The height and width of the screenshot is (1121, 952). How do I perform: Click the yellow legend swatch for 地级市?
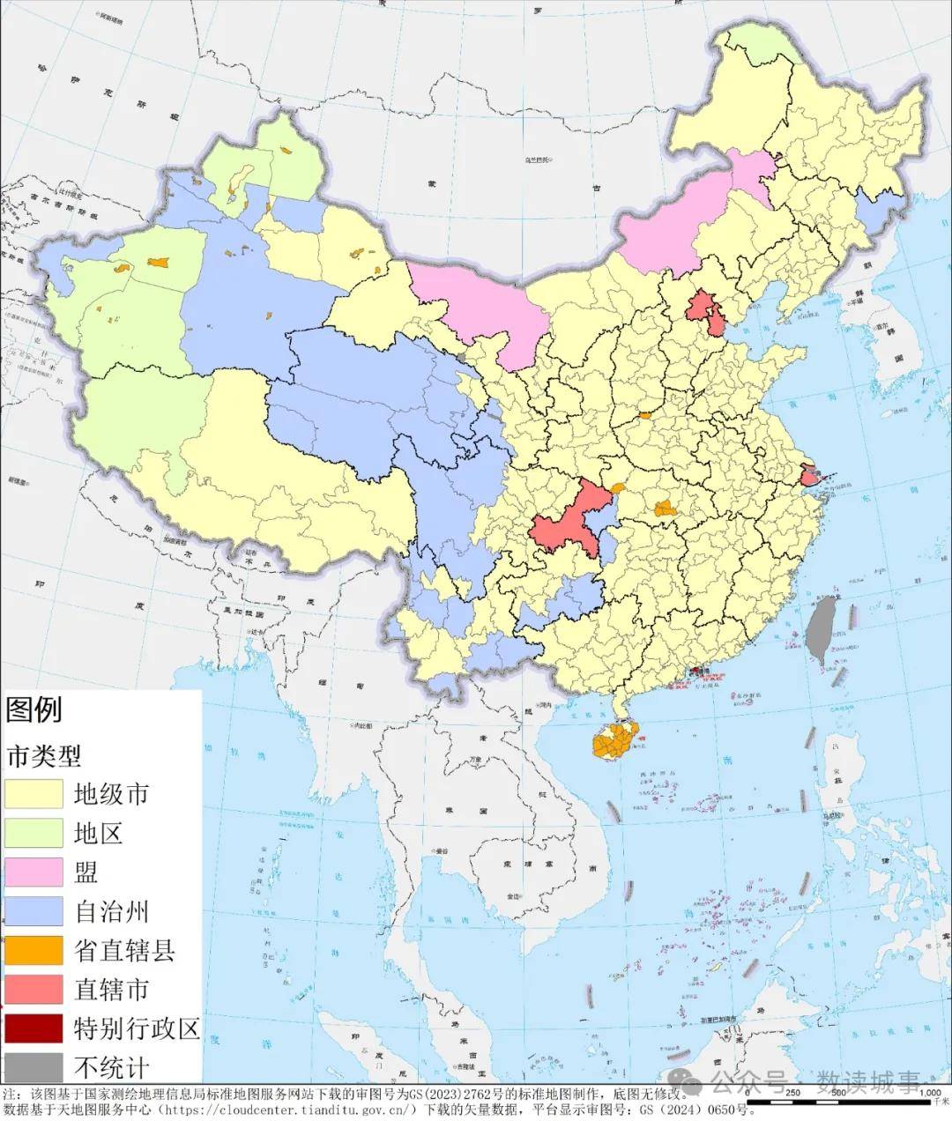pos(33,794)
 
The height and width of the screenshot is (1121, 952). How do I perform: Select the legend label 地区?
pos(98,833)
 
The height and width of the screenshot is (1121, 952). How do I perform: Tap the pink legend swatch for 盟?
pos(33,872)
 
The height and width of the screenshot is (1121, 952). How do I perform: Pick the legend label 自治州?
pos(111,910)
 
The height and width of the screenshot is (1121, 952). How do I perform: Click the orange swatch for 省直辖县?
pos(33,949)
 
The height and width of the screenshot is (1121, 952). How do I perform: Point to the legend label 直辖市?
pos(111,989)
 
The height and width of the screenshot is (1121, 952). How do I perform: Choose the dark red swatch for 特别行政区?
pos(33,1028)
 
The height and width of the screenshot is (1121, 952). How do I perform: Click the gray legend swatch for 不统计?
pos(33,1066)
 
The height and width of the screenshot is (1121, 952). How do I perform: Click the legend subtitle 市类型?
pos(43,755)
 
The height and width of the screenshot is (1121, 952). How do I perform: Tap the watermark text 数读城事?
pos(868,1081)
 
